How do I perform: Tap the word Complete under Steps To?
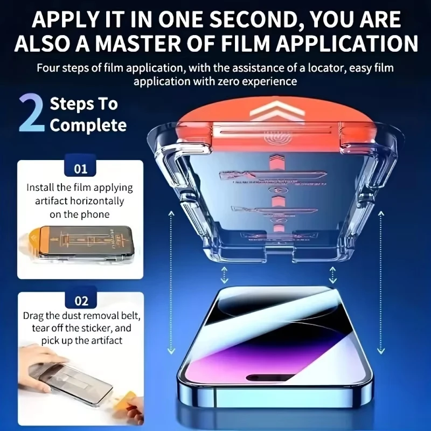click(88, 126)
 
